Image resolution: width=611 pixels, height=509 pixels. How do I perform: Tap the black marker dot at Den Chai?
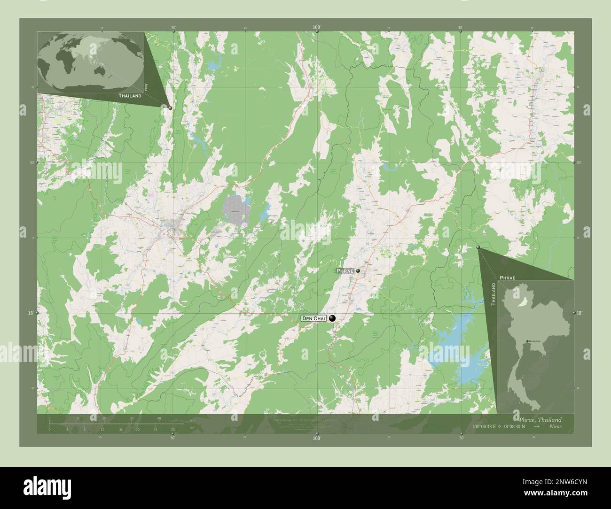tap(333, 318)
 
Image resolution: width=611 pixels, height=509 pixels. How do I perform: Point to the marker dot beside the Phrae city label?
tap(358, 271)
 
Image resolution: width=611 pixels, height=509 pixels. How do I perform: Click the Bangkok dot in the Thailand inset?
tap(527, 341)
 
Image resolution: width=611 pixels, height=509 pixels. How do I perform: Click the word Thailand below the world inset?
tap(130, 96)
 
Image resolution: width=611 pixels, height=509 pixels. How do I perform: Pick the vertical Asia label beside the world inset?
tap(147, 87)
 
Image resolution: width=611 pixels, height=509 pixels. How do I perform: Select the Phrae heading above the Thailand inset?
tap(507, 278)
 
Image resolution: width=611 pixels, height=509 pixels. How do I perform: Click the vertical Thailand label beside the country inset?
tap(493, 294)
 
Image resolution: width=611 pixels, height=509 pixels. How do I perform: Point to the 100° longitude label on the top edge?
tap(317, 28)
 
